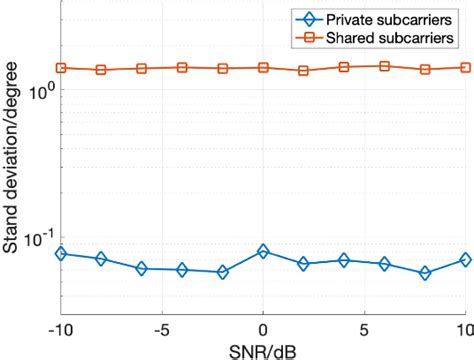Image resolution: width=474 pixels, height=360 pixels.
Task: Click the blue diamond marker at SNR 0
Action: (263, 251)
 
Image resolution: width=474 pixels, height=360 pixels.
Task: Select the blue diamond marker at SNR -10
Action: (60, 254)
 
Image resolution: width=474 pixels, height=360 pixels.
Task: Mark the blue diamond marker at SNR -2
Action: (222, 272)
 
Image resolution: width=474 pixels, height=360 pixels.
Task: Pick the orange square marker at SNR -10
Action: (60, 68)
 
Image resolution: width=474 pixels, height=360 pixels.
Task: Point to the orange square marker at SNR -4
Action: (182, 67)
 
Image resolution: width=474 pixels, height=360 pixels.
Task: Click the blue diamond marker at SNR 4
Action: (344, 260)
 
